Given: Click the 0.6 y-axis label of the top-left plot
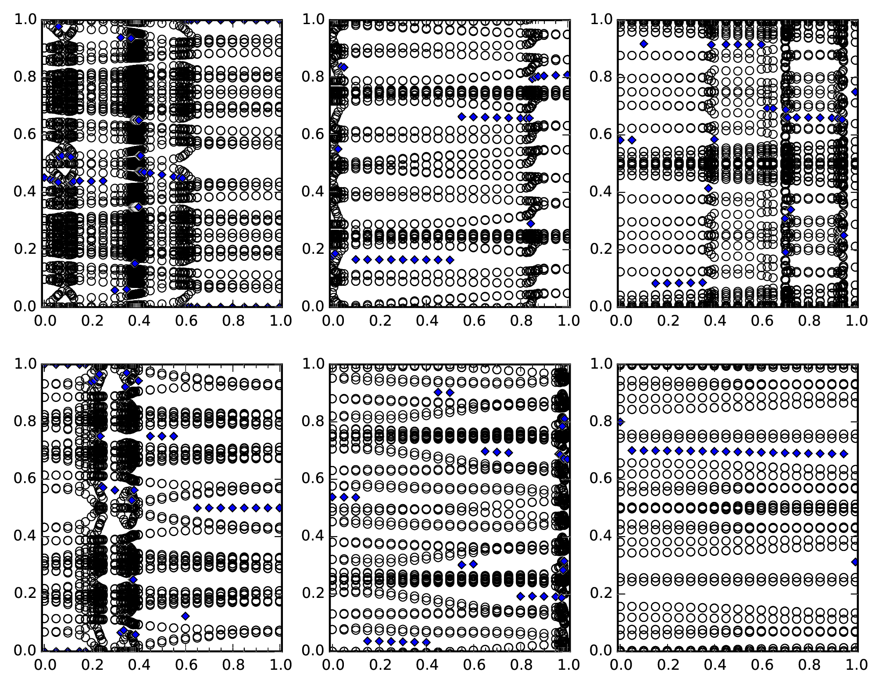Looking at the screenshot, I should tap(25, 135).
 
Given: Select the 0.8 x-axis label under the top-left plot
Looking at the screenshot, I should tap(232, 321).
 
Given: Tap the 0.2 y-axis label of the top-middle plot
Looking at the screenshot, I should tap(313, 249).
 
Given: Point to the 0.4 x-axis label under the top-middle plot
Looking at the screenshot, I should tap(427, 321).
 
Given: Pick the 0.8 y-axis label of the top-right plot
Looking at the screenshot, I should tap(601, 77).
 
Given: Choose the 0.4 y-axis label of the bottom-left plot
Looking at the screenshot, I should tap(25, 537).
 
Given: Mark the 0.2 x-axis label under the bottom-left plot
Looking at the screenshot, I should tap(90, 665).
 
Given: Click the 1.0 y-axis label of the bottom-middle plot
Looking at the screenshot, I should tap(313, 364).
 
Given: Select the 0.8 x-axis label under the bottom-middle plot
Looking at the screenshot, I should tap(521, 665).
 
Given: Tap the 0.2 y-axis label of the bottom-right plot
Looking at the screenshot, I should tap(601, 594).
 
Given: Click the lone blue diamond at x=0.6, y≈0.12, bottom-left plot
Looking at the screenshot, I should tap(186, 616).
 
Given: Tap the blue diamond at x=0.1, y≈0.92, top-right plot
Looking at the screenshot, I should tap(643, 43).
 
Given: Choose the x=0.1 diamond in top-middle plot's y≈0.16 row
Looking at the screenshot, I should tap(356, 260).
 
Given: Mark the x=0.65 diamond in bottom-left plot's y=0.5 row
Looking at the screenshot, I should tap(197, 508).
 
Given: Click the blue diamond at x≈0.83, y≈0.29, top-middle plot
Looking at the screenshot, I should tap(531, 224).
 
